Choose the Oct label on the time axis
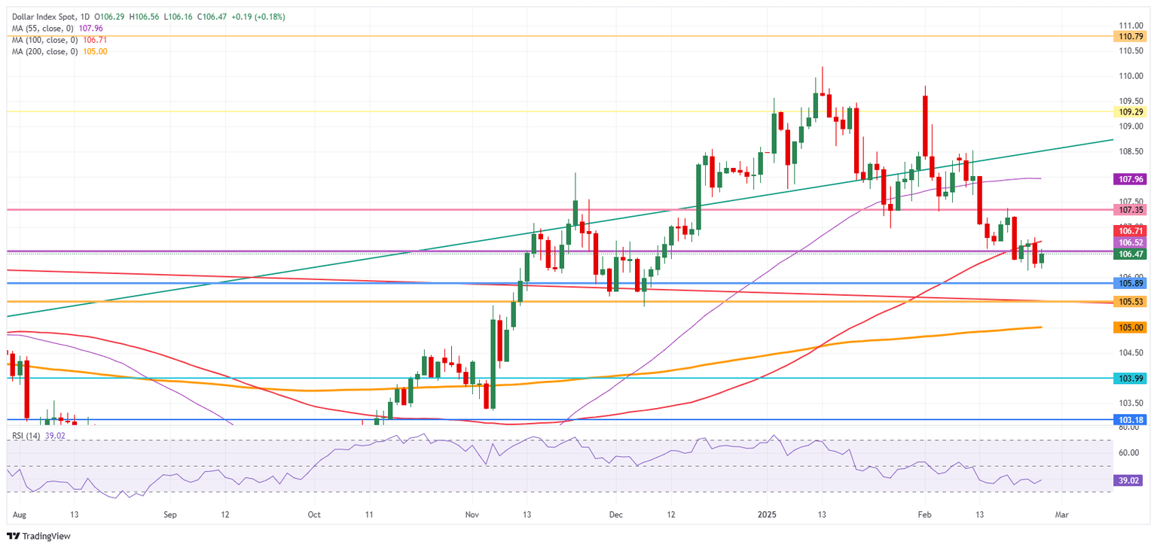click(x=314, y=516)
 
